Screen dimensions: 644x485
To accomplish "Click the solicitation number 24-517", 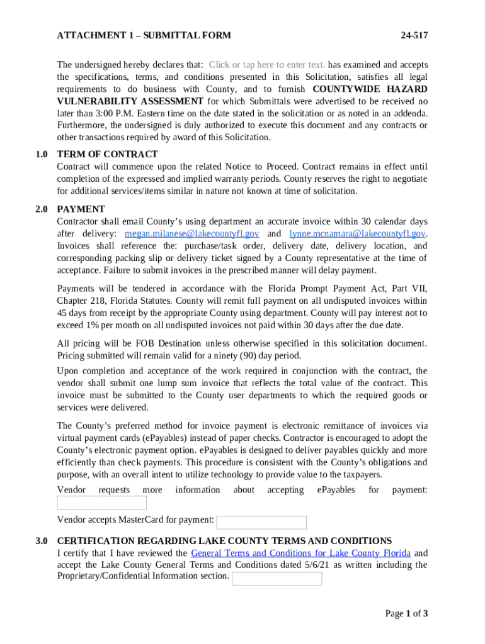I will tap(414, 36).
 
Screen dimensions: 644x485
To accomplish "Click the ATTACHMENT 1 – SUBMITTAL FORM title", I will tap(144, 36).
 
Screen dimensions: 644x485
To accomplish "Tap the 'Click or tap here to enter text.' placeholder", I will tap(267, 65).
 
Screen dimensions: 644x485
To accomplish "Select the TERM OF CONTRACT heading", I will tap(107, 154).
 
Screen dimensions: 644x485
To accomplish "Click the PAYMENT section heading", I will tap(81, 209).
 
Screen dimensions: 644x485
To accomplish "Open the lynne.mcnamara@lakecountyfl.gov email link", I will tap(357, 234).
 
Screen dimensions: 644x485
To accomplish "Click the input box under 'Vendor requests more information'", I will tap(101, 502).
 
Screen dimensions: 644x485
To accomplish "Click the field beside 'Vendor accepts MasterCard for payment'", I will tap(261, 523).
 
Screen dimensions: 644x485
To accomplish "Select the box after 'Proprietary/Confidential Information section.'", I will tap(277, 579).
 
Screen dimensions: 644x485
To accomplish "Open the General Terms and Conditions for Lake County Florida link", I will tap(300, 553).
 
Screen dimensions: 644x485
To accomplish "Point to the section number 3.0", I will tap(42, 541).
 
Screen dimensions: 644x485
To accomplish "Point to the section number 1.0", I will tap(42, 154).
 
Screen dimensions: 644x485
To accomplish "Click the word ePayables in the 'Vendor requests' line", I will tap(336, 490).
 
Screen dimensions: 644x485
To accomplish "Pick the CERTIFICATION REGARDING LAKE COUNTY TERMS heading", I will tap(224, 541).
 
